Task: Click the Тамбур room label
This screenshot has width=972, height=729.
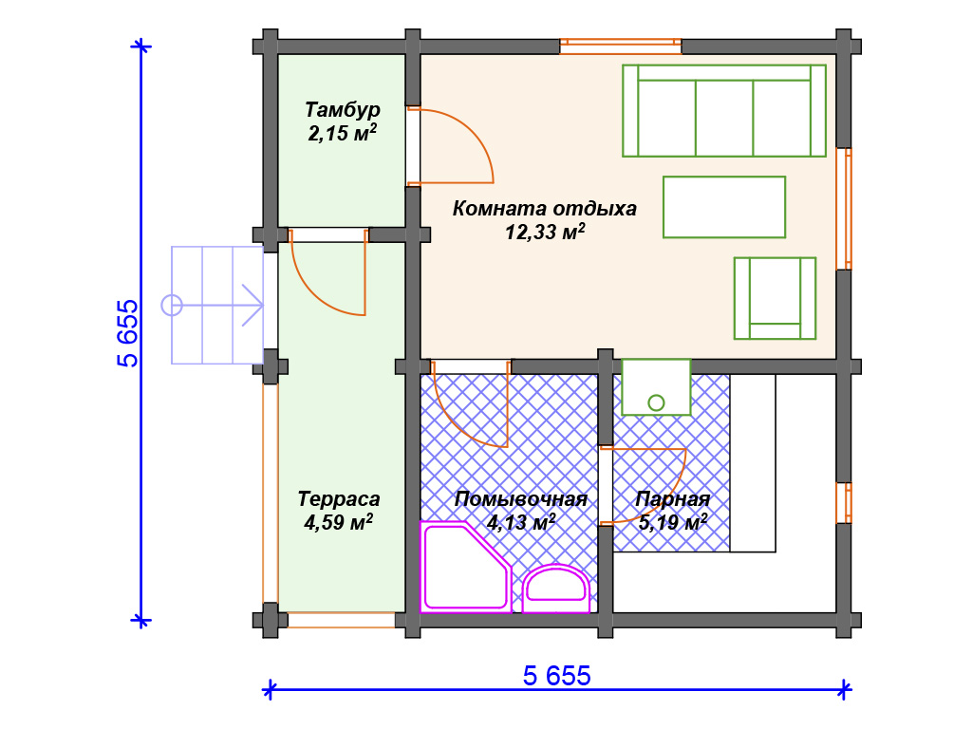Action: pyautogui.click(x=342, y=110)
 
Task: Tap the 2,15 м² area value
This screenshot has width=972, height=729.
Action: pyautogui.click(x=342, y=133)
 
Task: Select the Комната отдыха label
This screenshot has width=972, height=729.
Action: pyautogui.click(x=544, y=208)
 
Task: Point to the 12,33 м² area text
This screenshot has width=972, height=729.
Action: pyautogui.click(x=545, y=232)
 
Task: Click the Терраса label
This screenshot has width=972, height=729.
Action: pyautogui.click(x=339, y=499)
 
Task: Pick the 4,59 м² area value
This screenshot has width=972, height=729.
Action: pyautogui.click(x=339, y=522)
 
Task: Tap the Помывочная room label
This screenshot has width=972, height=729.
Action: pyautogui.click(x=521, y=499)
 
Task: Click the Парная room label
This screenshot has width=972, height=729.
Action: pyautogui.click(x=673, y=499)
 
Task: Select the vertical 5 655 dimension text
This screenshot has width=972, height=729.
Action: pyautogui.click(x=128, y=333)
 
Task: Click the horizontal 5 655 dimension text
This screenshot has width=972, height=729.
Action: pyautogui.click(x=556, y=676)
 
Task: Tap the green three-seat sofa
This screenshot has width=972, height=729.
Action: pyautogui.click(x=724, y=110)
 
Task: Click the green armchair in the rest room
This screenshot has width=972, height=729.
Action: pyautogui.click(x=775, y=298)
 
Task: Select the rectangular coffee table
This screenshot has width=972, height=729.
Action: pyautogui.click(x=724, y=207)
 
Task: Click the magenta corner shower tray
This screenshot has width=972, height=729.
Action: pyautogui.click(x=465, y=568)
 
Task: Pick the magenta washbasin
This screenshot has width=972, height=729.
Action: pyautogui.click(x=556, y=588)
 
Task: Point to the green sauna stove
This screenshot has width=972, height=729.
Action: pyautogui.click(x=656, y=387)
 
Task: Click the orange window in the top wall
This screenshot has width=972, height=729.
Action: pyautogui.click(x=621, y=47)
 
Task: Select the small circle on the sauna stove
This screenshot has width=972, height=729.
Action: pyautogui.click(x=656, y=402)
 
